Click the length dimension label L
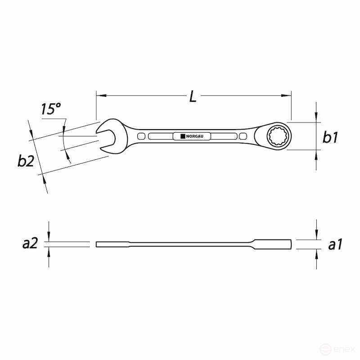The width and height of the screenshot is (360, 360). tap(193, 96)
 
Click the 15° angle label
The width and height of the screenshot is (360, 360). tap(50, 110)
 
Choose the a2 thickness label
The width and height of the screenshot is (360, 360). tap(30, 244)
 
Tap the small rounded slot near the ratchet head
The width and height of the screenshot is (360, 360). tap(243, 136)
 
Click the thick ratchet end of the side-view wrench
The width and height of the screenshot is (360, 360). tap(272, 244)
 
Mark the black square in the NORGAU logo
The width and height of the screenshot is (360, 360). tap(183, 136)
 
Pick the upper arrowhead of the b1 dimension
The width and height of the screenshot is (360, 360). tap(317, 117)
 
